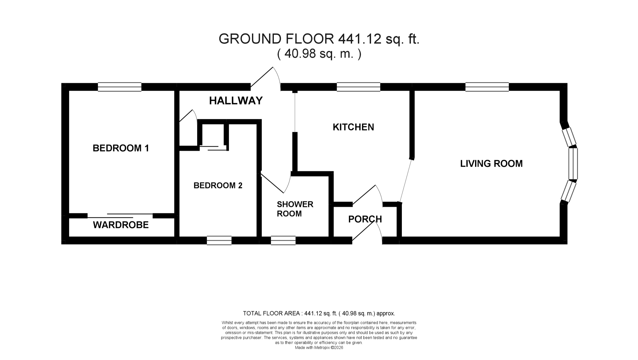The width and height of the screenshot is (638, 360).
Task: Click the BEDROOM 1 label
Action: [121, 148]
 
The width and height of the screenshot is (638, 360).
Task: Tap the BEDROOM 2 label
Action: [218, 186]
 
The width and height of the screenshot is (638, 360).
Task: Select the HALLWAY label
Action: [236, 101]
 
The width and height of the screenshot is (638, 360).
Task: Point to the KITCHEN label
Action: [353, 127]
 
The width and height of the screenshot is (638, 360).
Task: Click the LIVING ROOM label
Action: [491, 163]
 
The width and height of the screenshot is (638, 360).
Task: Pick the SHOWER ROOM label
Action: [295, 209]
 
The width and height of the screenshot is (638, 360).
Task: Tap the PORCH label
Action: [365, 219]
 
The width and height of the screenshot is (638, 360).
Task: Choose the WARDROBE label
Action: [121, 225]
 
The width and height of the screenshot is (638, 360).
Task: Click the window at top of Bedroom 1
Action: [120, 87]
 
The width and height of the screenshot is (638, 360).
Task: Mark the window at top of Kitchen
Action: [359, 87]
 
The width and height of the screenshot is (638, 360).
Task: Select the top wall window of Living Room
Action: [487, 87]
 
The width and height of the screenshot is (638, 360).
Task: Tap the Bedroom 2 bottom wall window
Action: [219, 240]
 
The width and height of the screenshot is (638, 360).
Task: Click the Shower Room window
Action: [283, 240]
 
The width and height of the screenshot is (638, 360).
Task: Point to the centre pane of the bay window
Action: [573, 164]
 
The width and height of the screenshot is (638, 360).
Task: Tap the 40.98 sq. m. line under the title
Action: [319, 54]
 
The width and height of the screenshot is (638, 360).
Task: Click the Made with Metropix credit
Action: [319, 348]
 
